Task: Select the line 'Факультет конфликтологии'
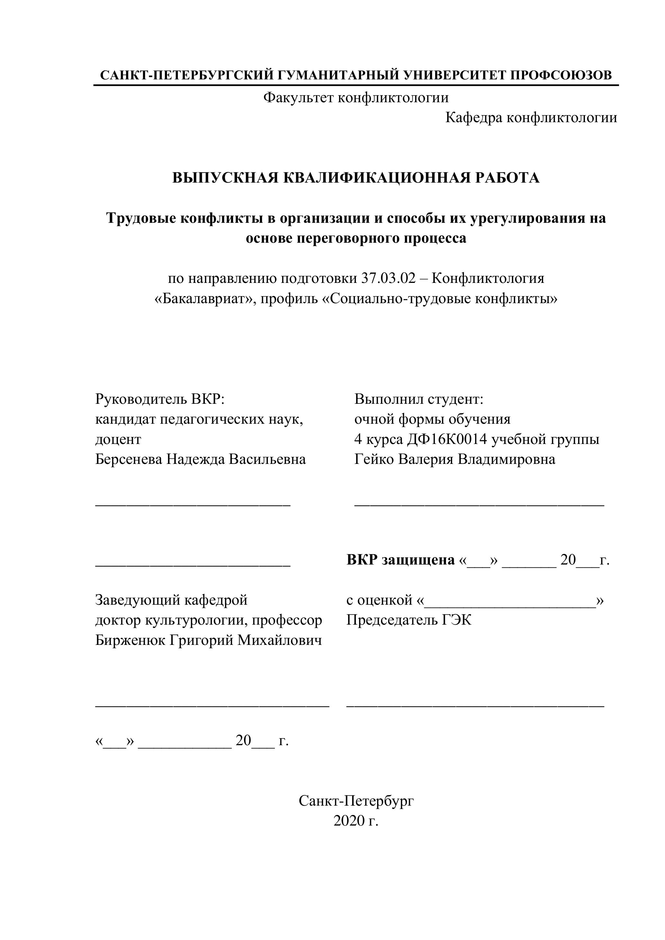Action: [356, 98]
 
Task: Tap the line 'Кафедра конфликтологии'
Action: [531, 118]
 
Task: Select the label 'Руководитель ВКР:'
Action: [160, 399]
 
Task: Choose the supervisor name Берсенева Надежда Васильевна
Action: [201, 459]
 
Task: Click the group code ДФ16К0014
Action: [447, 439]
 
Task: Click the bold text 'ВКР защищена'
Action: [400, 560]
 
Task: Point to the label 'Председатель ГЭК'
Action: [409, 620]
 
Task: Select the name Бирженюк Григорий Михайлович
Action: [208, 640]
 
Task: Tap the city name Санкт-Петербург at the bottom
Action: [356, 801]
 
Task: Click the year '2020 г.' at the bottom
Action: [356, 821]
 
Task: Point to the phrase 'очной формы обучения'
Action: [433, 419]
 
